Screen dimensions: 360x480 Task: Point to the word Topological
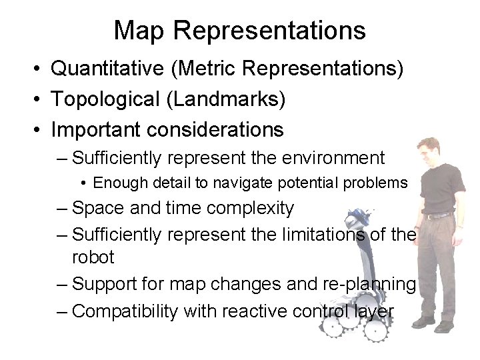point(106,99)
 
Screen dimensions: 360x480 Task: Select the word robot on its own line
point(93,257)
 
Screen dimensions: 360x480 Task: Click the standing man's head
point(428,149)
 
